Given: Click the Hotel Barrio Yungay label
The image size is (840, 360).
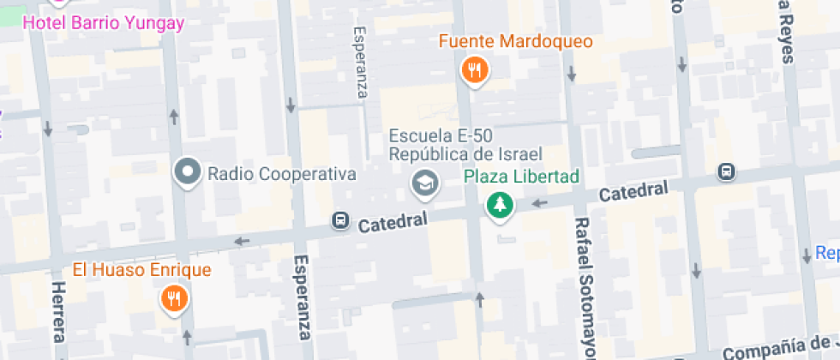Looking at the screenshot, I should [x=104, y=23].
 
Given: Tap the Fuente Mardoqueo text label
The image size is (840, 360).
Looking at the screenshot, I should [x=516, y=41].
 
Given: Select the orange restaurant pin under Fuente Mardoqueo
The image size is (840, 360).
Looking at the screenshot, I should [x=474, y=71].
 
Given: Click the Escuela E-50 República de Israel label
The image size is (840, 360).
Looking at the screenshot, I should [x=465, y=145].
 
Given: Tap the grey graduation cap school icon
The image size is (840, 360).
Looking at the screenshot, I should [x=423, y=183].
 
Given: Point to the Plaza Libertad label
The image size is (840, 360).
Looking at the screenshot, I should [x=521, y=177].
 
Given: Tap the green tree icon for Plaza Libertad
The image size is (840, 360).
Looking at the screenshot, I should [x=499, y=205].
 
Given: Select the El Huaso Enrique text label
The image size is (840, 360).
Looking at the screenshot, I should [x=141, y=270].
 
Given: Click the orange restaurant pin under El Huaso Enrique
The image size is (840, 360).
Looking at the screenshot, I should [x=175, y=299].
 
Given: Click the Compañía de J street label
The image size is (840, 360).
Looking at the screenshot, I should [x=780, y=347].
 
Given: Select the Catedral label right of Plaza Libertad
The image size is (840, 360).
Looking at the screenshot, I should [x=633, y=193].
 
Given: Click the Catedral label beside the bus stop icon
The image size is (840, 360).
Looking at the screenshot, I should [x=393, y=224].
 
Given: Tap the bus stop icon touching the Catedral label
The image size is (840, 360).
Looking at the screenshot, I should [x=340, y=221].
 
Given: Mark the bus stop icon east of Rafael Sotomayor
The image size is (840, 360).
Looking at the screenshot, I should [x=727, y=172].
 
